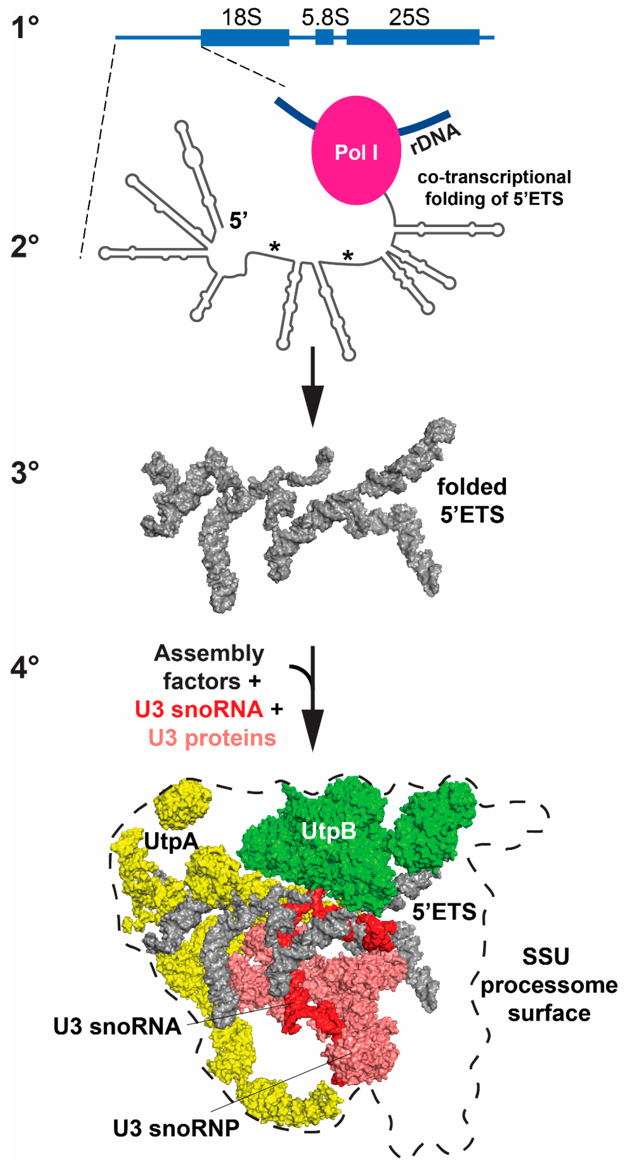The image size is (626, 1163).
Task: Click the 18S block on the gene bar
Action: [x=245, y=37]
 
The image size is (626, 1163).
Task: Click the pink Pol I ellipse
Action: [x=356, y=150]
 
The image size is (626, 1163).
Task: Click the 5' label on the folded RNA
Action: [x=238, y=221]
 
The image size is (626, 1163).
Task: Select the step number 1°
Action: [x=25, y=27]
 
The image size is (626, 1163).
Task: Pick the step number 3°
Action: [x=25, y=473]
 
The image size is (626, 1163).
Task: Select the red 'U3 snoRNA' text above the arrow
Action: [x=199, y=709]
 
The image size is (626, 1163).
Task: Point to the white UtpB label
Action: [x=328, y=831]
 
